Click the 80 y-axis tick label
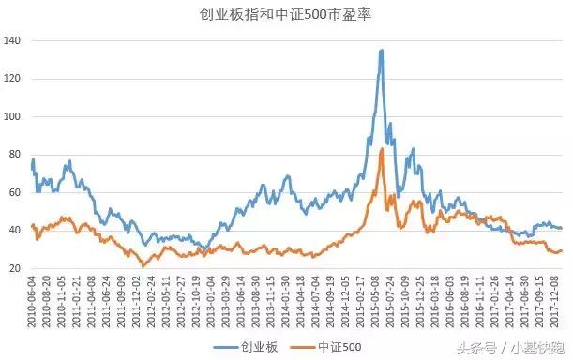point(16,155)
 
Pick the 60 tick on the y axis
point(16,193)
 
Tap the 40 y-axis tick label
point(16,231)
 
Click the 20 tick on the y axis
point(16,269)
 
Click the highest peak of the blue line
point(382,51)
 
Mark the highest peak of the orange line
point(382,148)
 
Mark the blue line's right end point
point(561,228)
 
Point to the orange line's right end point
point(561,250)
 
